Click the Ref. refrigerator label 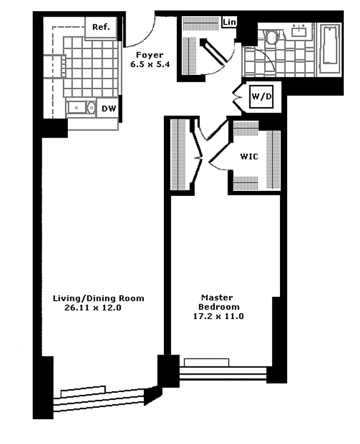[101, 27]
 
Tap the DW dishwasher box [109, 108]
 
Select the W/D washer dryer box [261, 97]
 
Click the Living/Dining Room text [98, 298]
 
